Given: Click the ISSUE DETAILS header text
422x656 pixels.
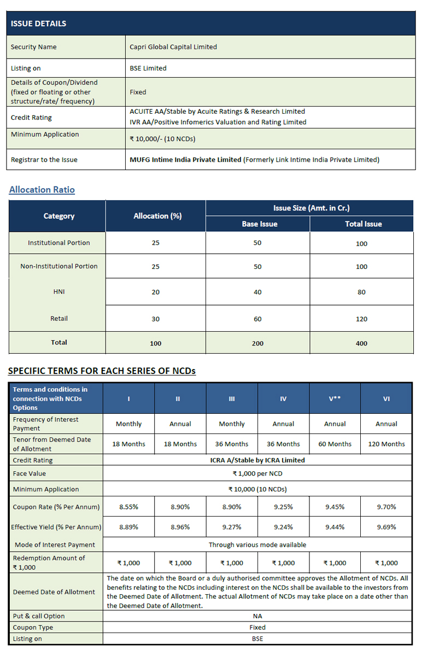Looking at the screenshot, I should click(x=38, y=24).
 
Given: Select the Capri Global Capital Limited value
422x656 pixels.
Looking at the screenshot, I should click(x=173, y=47).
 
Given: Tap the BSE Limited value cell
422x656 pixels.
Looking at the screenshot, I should click(x=148, y=68).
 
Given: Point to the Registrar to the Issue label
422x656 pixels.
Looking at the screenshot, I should click(x=44, y=160).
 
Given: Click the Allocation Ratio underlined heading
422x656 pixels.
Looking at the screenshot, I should click(x=42, y=190).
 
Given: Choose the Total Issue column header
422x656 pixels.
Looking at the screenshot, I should click(x=364, y=224).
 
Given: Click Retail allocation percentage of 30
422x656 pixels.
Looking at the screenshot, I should click(x=156, y=319).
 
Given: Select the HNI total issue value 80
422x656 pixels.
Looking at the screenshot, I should click(x=361, y=292).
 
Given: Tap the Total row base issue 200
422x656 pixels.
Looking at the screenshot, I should click(x=257, y=343).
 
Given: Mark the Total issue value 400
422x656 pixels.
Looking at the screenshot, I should click(x=361, y=343).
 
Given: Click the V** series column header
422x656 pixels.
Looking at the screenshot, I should click(x=335, y=399).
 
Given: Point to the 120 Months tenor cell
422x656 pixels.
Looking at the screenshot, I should click(x=386, y=444).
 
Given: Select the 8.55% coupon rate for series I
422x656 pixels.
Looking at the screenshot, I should click(x=129, y=507).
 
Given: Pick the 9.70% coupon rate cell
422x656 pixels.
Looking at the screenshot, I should click(x=386, y=507).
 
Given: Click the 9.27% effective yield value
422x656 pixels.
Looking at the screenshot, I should click(x=232, y=528).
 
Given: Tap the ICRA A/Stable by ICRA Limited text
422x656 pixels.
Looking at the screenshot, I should click(x=257, y=460).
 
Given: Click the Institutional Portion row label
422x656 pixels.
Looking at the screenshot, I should click(x=59, y=243).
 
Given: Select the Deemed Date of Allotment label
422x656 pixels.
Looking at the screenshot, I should click(x=54, y=592).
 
